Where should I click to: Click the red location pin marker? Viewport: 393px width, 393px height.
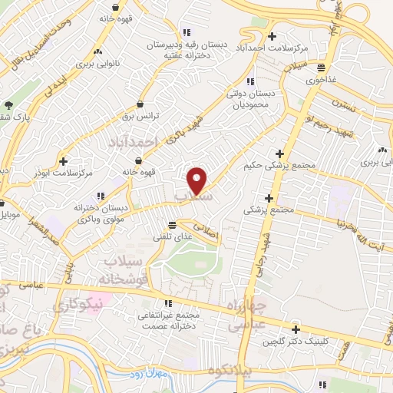pyautogui.click(x=197, y=180)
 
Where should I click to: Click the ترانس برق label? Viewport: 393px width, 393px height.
pyautogui.click(x=141, y=116)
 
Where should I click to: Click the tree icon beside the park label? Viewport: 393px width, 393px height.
pyautogui.click(x=8, y=105)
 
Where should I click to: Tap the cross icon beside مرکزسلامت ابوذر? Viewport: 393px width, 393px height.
pyautogui.click(x=62, y=162)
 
